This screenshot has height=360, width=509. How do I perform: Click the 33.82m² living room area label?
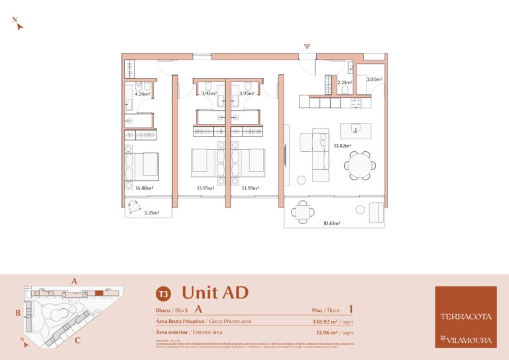click(x=342, y=145)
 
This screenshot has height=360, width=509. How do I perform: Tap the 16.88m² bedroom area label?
click(x=144, y=188)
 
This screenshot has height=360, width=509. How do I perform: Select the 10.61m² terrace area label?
click(x=331, y=223)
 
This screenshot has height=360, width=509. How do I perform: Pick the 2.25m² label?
click(x=345, y=83)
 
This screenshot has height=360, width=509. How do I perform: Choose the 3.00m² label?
click(x=374, y=80)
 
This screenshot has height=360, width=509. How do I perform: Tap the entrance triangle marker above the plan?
click(x=306, y=46)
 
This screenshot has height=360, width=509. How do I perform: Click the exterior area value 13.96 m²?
click(x=334, y=332)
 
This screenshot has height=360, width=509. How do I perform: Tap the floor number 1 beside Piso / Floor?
click(x=350, y=308)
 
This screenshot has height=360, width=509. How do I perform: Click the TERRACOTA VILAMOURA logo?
click(x=465, y=316)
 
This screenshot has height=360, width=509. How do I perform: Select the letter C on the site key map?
click(x=78, y=341)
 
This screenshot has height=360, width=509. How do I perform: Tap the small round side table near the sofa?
click(x=301, y=178)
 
